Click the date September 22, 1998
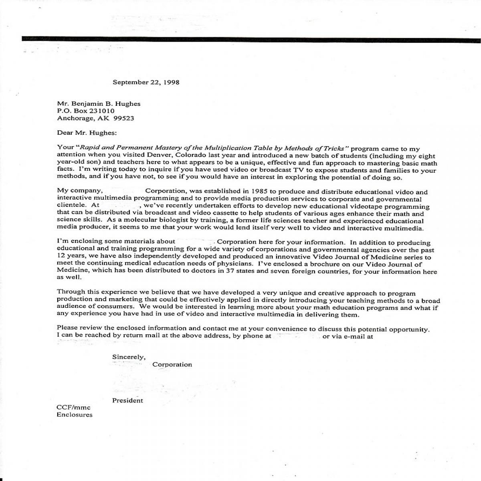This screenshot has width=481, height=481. pos(146,82)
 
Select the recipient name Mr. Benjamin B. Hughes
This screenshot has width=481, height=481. pos(99,104)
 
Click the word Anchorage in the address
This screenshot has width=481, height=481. pos(73,118)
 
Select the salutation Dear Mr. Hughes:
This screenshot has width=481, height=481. pos(87,133)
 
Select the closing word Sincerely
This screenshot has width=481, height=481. pos(129,357)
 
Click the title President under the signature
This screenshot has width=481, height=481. pos(127,400)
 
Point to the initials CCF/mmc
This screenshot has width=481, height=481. pos(74,408)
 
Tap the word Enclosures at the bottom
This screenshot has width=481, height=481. pos(75,415)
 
